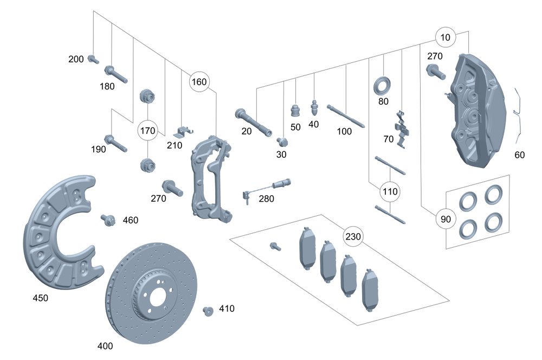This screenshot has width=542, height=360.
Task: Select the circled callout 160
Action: pyautogui.click(x=199, y=82)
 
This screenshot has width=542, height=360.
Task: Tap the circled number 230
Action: pyautogui.click(x=353, y=236)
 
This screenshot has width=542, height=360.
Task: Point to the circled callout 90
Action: pyautogui.click(x=445, y=220)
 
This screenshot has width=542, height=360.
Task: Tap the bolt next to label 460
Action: pyautogui.click(x=107, y=220)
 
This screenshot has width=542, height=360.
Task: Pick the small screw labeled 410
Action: pyautogui.click(x=207, y=310)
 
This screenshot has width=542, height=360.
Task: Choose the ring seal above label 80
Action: pyautogui.click(x=383, y=85)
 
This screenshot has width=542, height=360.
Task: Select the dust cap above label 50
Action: pyautogui.click(x=295, y=110)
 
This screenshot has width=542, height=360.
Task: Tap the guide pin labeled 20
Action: pyautogui.click(x=253, y=123)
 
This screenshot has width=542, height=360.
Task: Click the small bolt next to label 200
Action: pyautogui.click(x=93, y=59)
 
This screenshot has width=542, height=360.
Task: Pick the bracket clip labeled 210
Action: pyautogui.click(x=184, y=131)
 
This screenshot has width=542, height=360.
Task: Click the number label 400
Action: pyautogui.click(x=105, y=345)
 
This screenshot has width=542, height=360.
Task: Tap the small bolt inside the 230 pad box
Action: pyautogui.click(x=275, y=246)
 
